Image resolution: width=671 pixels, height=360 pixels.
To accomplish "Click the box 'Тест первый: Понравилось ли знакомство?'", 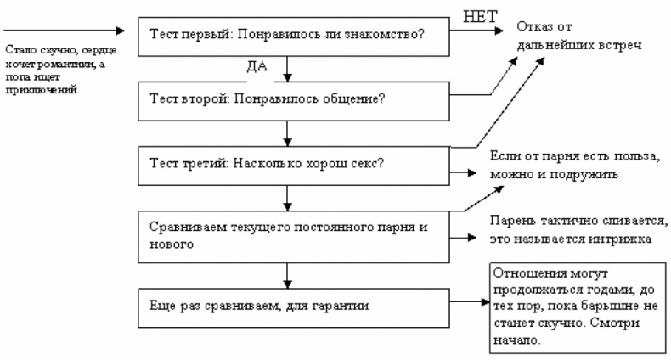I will click(x=289, y=35).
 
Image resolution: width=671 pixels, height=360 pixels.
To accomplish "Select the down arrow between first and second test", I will click(x=290, y=67).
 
